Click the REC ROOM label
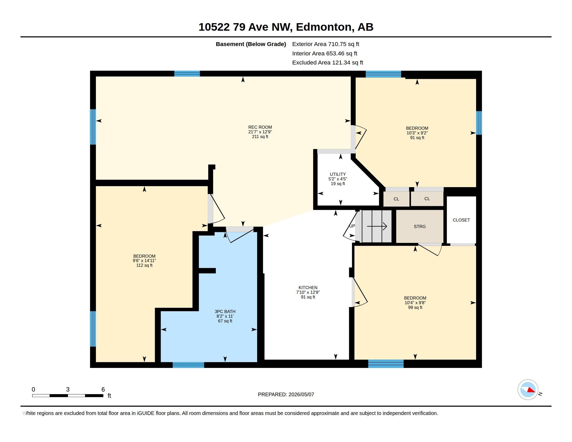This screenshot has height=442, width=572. tap(260, 127)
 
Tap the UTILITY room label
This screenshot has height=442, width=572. tap(337, 174)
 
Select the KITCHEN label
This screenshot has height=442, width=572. tap(308, 288)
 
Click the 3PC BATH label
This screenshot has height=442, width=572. tap(225, 311)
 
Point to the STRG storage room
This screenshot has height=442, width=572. tap(420, 226)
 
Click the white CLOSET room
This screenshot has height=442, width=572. tap(461, 220)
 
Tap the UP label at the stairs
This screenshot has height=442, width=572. tap(352, 226)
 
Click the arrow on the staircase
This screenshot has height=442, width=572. tap(377, 226)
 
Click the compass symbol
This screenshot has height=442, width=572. tap(528, 390)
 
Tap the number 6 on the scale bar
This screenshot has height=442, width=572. tap(103, 389)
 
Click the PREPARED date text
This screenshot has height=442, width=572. tap(286, 394)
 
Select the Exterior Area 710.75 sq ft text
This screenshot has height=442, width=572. tap(326, 44)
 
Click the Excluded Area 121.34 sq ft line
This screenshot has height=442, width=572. tap(328, 63)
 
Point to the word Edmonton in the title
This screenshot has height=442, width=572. tap(324, 27)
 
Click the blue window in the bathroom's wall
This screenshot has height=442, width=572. tap(188, 365)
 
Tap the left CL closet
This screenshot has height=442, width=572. tap(396, 199)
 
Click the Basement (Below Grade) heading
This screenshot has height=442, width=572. tap(251, 44)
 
